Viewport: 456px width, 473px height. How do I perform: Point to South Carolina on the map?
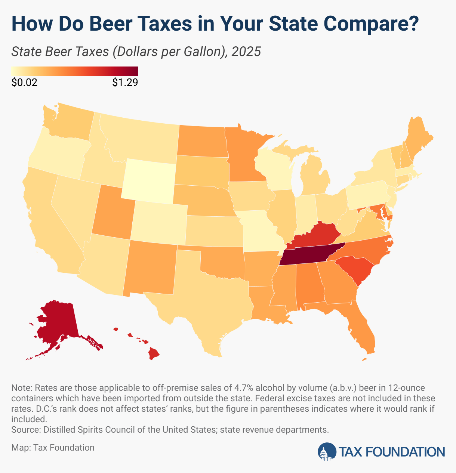(355, 269)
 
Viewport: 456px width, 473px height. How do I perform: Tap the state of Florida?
(361, 329)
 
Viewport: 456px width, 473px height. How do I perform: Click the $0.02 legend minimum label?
(25, 83)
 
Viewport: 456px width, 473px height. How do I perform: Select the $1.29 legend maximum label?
(125, 83)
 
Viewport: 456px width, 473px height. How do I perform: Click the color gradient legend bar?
(75, 71)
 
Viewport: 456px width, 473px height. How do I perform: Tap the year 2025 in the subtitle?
(246, 52)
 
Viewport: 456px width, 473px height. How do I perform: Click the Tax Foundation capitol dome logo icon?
(327, 451)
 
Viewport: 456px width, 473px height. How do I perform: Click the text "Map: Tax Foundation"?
(53, 447)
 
